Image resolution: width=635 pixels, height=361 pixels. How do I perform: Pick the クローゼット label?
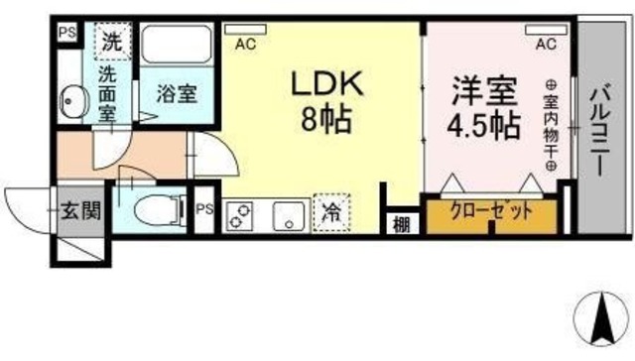point(490,210)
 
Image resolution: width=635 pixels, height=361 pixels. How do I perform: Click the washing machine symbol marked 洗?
point(109,42)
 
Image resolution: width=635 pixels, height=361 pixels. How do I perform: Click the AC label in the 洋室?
point(544,44)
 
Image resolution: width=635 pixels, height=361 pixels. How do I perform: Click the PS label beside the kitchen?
point(204,209)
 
